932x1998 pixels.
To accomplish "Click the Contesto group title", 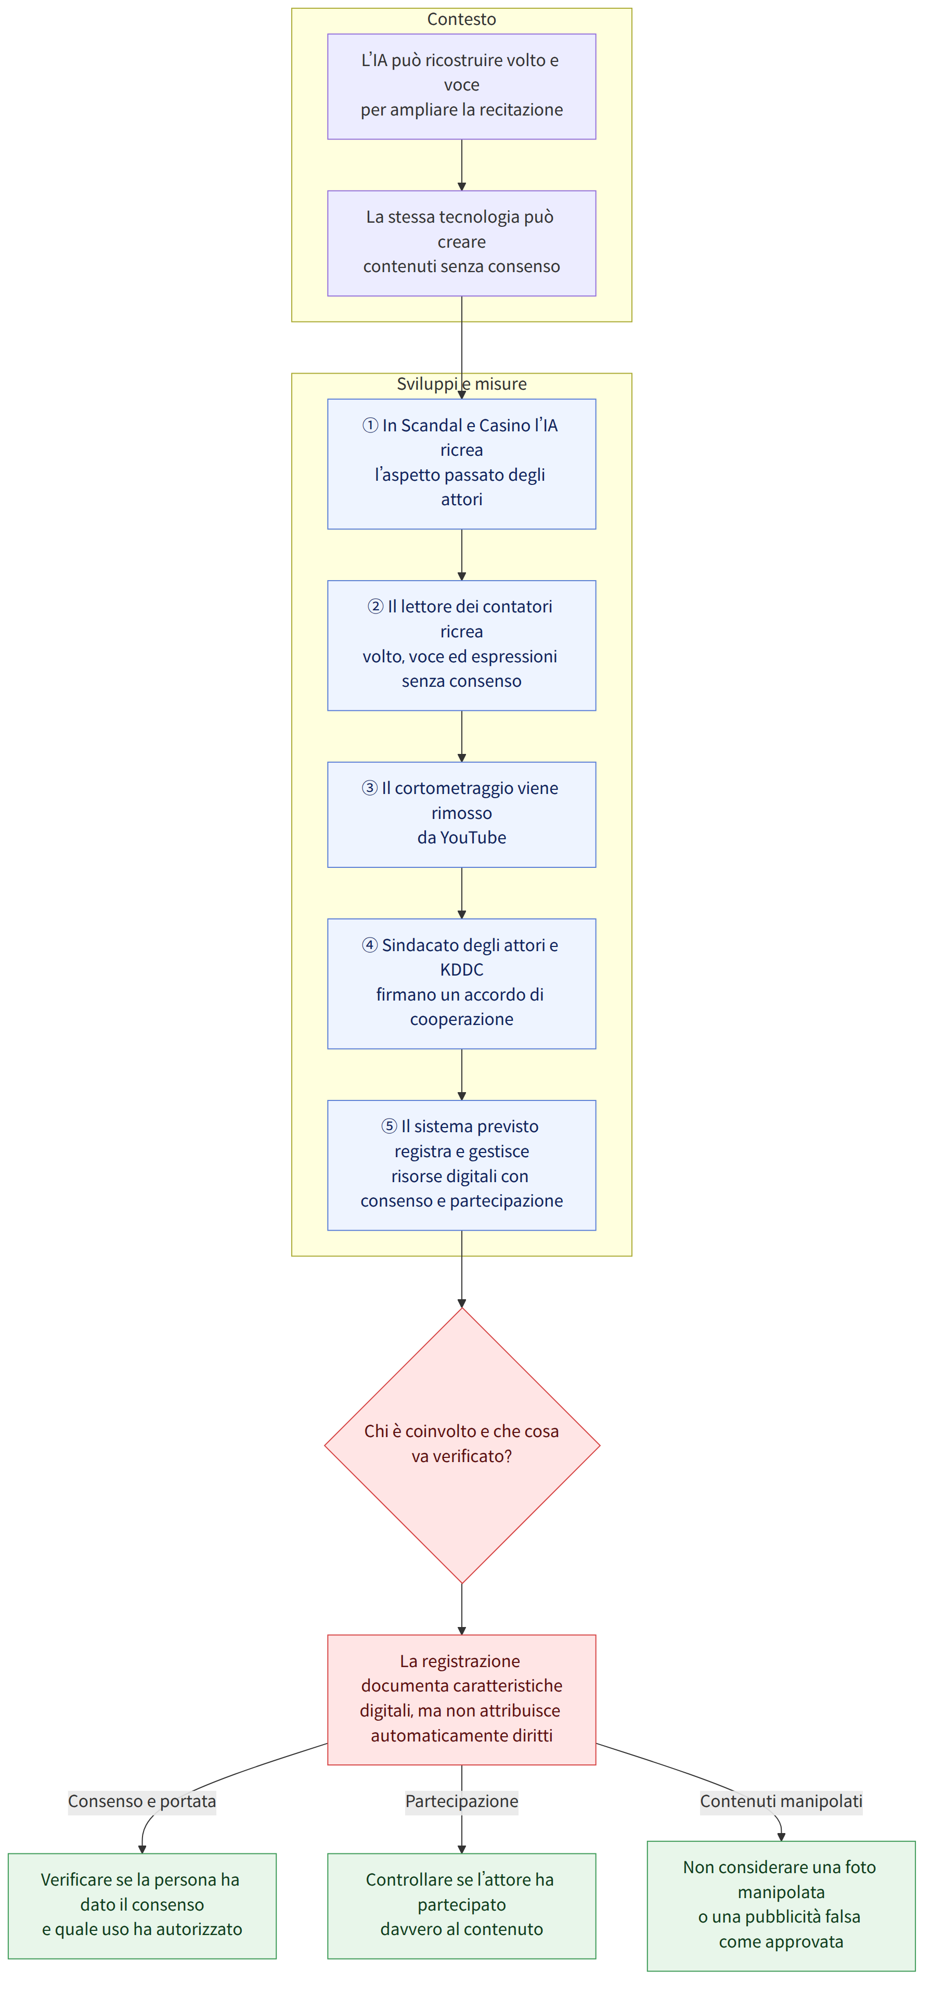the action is pos(461,19).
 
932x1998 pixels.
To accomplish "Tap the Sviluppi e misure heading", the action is pos(461,384).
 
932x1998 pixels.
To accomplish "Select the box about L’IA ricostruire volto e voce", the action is pos(461,87).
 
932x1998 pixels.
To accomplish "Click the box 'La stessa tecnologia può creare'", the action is pos(461,244).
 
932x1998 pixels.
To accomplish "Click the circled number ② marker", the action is pos(376,607).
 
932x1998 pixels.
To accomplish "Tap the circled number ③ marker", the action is pos(370,788).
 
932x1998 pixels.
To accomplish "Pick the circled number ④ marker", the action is pos(370,945).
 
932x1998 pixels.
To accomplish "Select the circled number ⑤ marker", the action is pos(389,1126).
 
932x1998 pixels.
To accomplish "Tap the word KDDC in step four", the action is pos(461,969).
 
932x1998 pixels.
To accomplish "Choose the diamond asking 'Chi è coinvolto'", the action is pos(461,1446).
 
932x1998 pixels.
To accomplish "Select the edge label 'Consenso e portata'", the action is pos(142,1801).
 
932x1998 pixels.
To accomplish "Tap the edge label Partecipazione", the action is pos(461,1801).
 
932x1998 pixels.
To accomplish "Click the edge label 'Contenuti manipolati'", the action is pos(781,1801).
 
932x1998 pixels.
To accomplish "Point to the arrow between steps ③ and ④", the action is pos(461,893).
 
